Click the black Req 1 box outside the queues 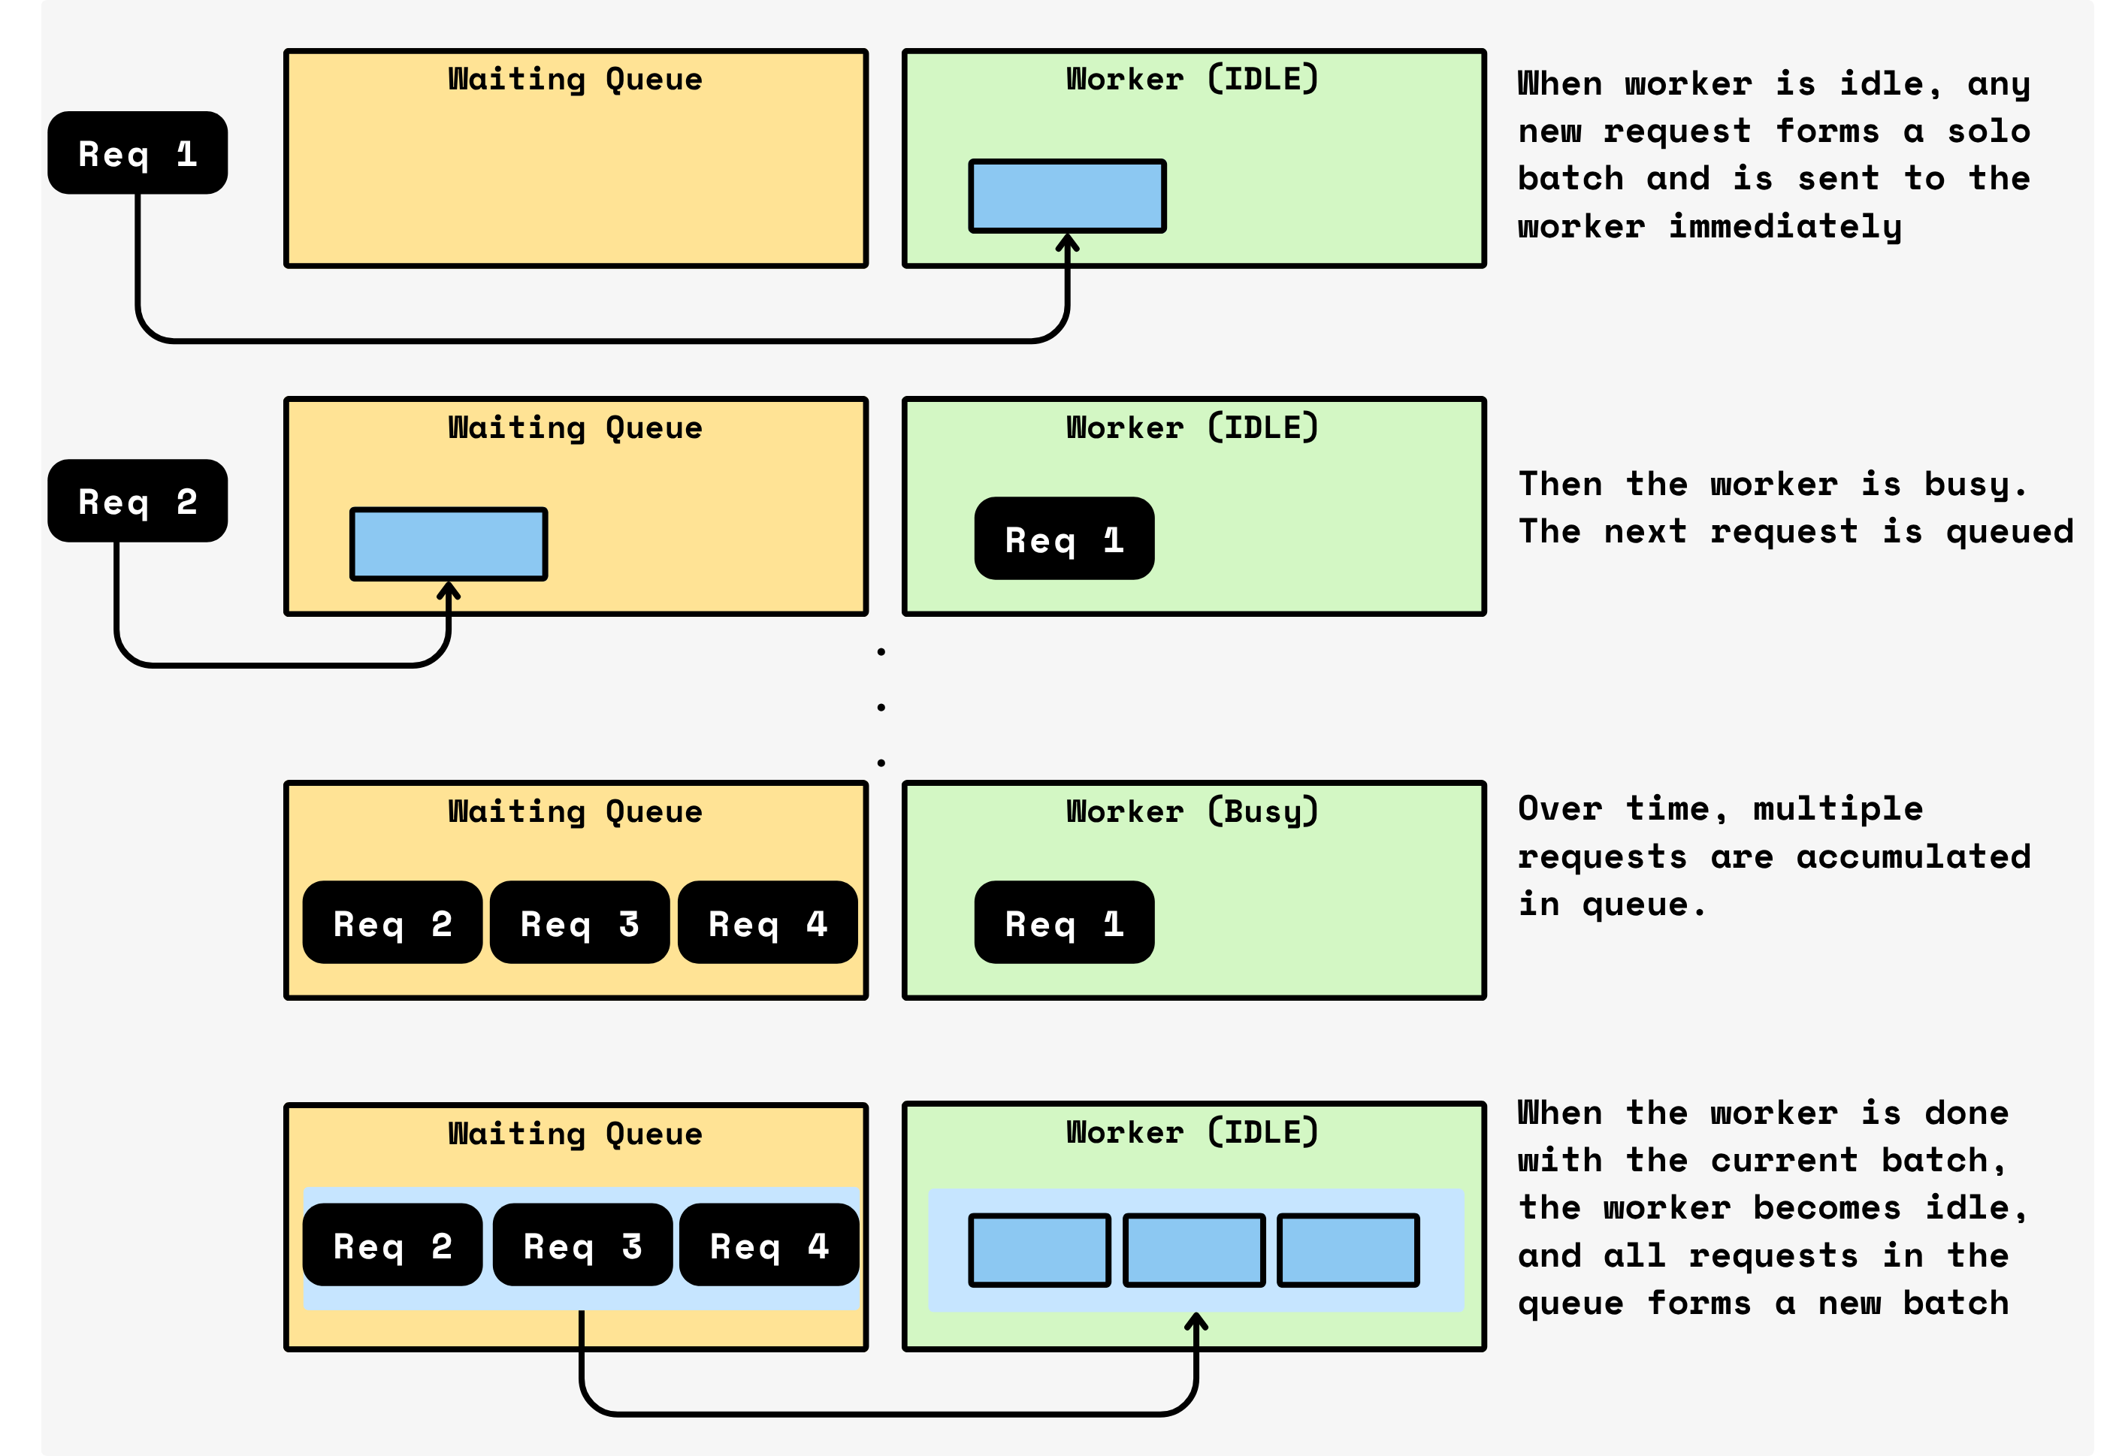pos(138,153)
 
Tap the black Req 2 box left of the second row pos(138,501)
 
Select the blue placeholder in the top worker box pos(1067,196)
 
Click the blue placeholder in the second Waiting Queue pos(448,544)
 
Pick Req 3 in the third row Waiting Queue pos(579,923)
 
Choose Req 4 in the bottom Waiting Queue pos(769,1244)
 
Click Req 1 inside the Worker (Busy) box pos(1064,923)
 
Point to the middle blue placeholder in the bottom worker pos(1193,1250)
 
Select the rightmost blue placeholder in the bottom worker pos(1348,1250)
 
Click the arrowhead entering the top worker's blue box pos(1068,243)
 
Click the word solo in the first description pos(1988,131)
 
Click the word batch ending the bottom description pos(1955,1303)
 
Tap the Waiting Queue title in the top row pos(575,80)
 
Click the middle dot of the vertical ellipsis pos(881,707)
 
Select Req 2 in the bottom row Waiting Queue pos(392,1244)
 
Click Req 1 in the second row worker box pos(1064,538)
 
